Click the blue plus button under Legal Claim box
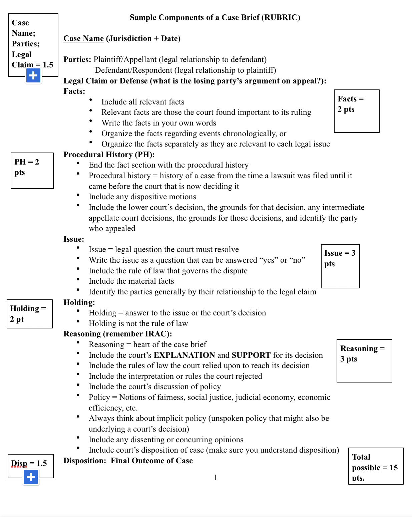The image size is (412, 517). pos(33,76)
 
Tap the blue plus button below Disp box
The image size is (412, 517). pos(31,477)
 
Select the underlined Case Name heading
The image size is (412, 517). pos(83,38)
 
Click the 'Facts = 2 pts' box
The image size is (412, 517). pos(356,111)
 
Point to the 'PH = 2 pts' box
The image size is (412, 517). pos(32,171)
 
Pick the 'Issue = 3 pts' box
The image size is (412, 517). pos(340,266)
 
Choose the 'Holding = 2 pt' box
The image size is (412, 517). pos(29,314)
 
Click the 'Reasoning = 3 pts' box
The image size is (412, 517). pos(364,360)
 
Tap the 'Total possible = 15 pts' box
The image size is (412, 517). pos(375,466)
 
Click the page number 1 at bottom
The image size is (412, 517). pos(215,478)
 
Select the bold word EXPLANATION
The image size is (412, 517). pos(184,355)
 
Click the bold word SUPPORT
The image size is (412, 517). pos(251,355)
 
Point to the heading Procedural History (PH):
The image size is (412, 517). pos(109,155)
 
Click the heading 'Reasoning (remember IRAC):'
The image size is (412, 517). pos(117,334)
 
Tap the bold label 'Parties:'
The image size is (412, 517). pos(77,59)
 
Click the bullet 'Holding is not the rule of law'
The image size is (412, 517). pos(138,323)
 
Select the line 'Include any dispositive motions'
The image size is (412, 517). pos(142,197)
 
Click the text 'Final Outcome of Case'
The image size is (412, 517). pos(151,461)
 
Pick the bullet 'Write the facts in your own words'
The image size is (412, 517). pos(159,123)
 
